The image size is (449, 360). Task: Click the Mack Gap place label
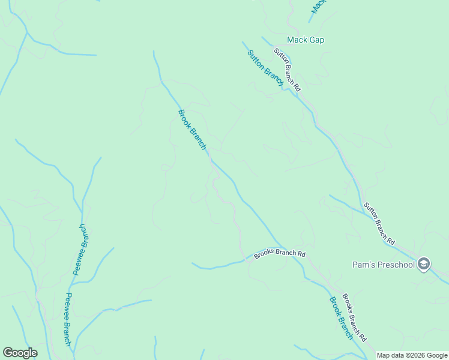(x=306, y=40)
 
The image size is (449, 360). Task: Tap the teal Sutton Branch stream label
(x=265, y=68)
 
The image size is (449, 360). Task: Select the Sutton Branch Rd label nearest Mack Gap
(x=287, y=69)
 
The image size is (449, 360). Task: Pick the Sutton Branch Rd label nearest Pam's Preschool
(x=379, y=224)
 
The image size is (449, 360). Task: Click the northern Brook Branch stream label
(x=192, y=130)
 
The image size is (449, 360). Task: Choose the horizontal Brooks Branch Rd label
(x=280, y=254)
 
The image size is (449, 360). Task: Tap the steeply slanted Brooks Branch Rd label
(x=354, y=317)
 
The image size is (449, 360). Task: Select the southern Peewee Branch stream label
(x=68, y=319)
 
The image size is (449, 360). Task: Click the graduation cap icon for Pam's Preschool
(x=424, y=264)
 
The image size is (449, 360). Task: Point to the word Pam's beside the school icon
(x=362, y=265)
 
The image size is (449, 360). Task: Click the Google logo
(x=20, y=353)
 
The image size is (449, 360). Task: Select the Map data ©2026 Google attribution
(x=412, y=355)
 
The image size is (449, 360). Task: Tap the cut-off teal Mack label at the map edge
(x=318, y=5)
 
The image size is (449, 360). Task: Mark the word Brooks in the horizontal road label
(x=264, y=255)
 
